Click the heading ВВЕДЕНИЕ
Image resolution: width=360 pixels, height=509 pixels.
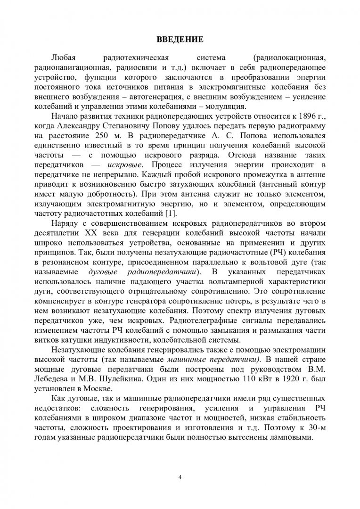coord(180,38)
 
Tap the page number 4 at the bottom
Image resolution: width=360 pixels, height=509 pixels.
coord(180,477)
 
